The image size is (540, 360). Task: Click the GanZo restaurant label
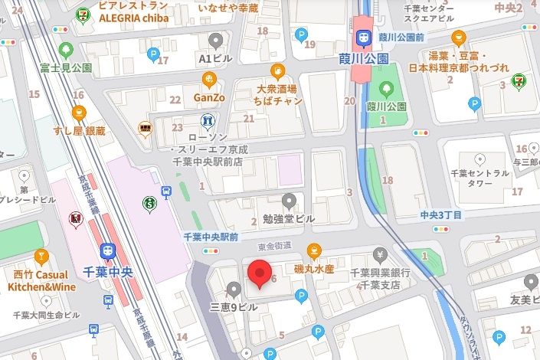[208, 97]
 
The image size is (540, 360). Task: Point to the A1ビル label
[215, 58]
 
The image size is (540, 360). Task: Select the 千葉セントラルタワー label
[482, 178]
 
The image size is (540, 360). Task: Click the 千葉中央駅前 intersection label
[211, 237]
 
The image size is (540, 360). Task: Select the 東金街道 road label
[275, 245]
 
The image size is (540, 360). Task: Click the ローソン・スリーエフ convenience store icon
[205, 121]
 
